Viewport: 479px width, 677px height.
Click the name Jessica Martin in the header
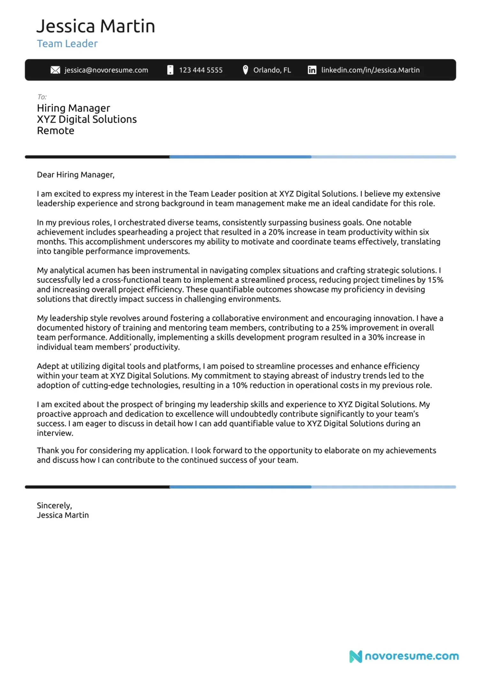click(x=96, y=26)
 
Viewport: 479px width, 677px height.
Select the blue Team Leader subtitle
click(x=67, y=44)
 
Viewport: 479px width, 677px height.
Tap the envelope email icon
click(x=55, y=70)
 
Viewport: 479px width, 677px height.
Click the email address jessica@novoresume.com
click(x=106, y=70)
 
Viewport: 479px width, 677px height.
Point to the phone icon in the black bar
click(x=171, y=70)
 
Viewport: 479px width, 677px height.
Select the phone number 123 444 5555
click(x=201, y=70)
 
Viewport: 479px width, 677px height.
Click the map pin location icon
click(x=245, y=70)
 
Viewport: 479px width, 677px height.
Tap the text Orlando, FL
click(x=272, y=70)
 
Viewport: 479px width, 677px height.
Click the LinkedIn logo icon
click(x=312, y=70)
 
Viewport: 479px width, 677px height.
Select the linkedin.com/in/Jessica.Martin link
click(x=370, y=70)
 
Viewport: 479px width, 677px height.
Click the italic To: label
click(x=42, y=97)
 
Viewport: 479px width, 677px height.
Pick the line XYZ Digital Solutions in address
click(x=87, y=119)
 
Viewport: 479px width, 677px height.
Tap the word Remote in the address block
click(x=56, y=131)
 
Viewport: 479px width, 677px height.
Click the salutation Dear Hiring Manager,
click(x=76, y=175)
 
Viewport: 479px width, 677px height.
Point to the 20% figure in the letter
click(x=276, y=232)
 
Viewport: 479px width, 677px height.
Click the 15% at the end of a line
click(x=436, y=280)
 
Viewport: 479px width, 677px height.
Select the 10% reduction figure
click(x=240, y=385)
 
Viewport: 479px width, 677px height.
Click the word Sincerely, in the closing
click(x=54, y=506)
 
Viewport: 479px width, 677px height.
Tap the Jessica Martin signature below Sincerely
click(x=63, y=515)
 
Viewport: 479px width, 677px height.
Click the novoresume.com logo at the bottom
click(x=404, y=656)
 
